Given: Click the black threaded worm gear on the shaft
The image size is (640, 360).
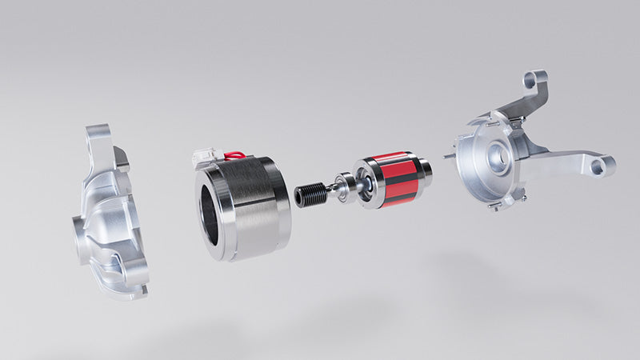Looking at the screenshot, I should [310, 194].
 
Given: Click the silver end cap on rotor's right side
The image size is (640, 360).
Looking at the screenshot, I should [427, 170].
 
